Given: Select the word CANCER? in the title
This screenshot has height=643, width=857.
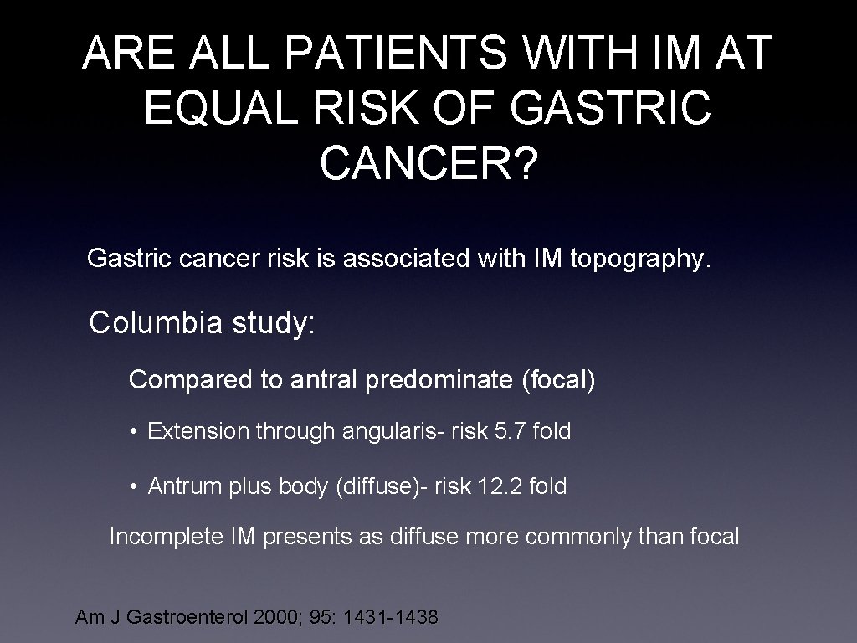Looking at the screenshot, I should pos(428,163).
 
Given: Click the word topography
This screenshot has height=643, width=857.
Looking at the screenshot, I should pos(640,260).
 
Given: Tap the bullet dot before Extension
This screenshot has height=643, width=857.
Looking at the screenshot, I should pos(134,433).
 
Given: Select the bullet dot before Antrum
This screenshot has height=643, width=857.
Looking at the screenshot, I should pos(134,487).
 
